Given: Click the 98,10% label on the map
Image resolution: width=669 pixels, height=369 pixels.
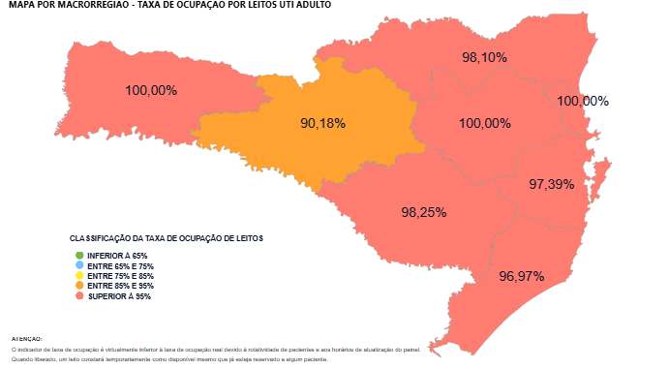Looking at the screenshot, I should click(x=484, y=57).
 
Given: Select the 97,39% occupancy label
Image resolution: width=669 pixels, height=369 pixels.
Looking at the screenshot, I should click(x=552, y=184).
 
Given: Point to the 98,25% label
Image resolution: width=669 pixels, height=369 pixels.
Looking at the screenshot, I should click(x=423, y=211).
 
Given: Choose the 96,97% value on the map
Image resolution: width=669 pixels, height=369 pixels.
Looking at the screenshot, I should click(x=522, y=276).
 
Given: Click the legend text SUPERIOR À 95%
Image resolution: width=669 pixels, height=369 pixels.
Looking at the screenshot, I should click(x=119, y=297).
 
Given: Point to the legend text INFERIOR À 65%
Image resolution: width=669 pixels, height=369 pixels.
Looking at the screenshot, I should click(x=117, y=256).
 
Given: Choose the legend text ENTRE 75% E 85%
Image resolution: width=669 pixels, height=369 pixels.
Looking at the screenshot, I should click(x=120, y=276).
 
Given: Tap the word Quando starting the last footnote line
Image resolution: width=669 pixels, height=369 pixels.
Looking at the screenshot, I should click(x=21, y=359).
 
